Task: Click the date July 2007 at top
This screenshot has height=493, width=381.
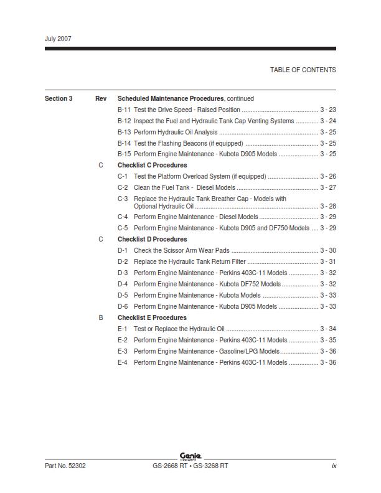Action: point(58,39)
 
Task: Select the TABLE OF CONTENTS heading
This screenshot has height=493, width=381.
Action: point(303,70)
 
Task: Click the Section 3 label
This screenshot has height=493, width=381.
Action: point(59,98)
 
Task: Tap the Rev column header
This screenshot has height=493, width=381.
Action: point(101,98)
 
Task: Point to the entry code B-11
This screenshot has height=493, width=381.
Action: point(124,110)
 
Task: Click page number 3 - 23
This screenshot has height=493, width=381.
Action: point(328,110)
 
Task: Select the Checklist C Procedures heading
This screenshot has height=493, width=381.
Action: point(152,166)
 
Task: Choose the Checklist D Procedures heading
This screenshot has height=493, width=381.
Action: point(152,239)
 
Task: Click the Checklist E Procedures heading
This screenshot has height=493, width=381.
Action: point(152,317)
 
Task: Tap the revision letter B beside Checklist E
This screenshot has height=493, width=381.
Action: point(101,317)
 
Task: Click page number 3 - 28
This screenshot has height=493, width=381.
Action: point(328,206)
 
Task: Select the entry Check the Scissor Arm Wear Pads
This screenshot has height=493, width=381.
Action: point(177,250)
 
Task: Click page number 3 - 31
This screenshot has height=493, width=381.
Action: point(328,261)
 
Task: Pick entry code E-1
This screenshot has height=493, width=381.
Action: point(123,329)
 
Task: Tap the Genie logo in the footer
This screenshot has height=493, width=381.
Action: point(190,456)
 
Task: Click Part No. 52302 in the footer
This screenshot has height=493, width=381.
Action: point(65,466)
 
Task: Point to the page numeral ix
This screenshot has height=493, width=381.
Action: point(334,466)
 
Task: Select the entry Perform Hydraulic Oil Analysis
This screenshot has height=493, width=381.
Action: point(176,132)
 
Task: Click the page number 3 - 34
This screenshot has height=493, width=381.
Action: point(328,329)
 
